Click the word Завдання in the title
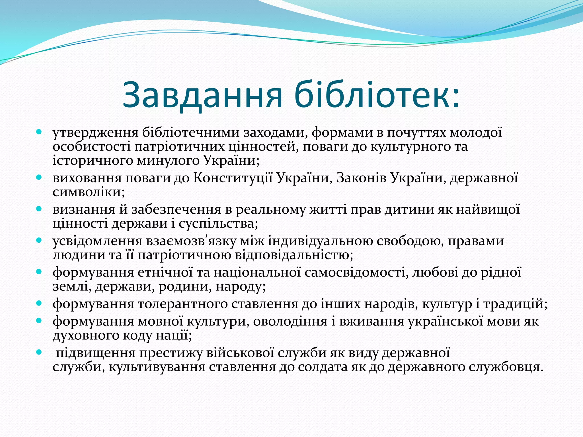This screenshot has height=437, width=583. click(202, 95)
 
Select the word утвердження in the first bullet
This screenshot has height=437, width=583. click(95, 133)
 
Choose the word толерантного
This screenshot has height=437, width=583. click(182, 304)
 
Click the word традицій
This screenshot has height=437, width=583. click(515, 304)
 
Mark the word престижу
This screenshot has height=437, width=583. click(171, 353)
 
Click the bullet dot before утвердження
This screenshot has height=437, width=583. click(39, 132)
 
